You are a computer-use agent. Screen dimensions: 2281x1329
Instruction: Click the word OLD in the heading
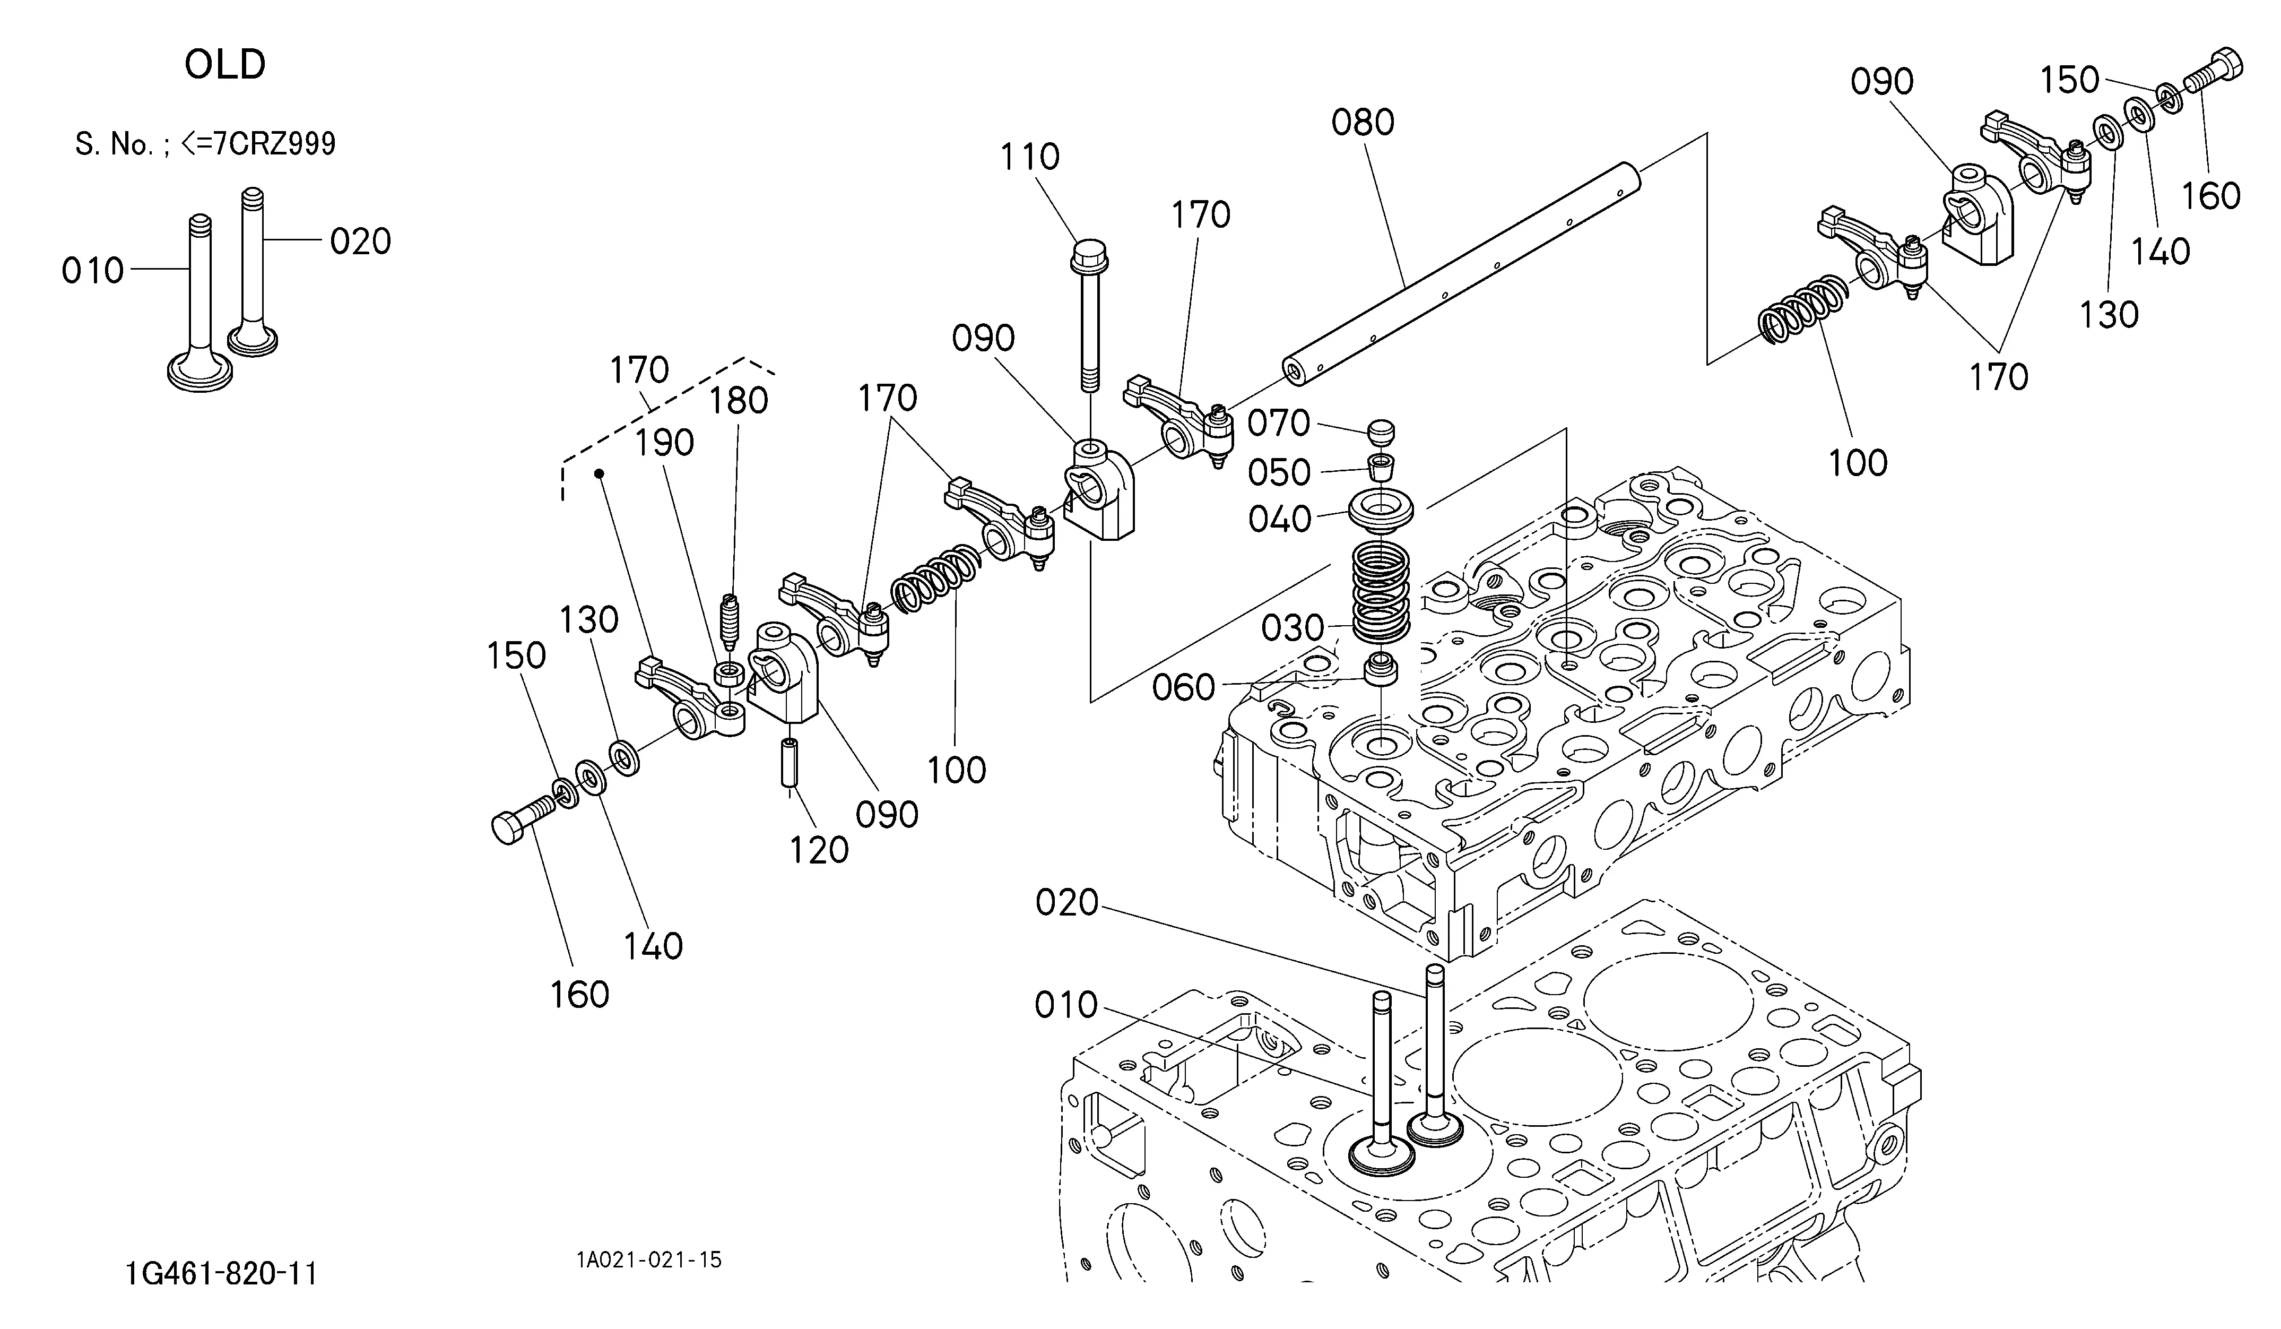[226, 65]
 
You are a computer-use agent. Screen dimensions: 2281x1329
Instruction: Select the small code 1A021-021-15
[649, 1260]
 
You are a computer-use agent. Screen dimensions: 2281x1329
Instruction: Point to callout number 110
[1029, 158]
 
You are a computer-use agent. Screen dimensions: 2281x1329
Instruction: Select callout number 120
[818, 850]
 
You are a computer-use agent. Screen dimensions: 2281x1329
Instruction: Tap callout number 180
[739, 401]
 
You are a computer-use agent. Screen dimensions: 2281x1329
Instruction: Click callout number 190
[664, 444]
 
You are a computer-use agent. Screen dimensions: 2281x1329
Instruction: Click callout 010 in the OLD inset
[92, 271]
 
